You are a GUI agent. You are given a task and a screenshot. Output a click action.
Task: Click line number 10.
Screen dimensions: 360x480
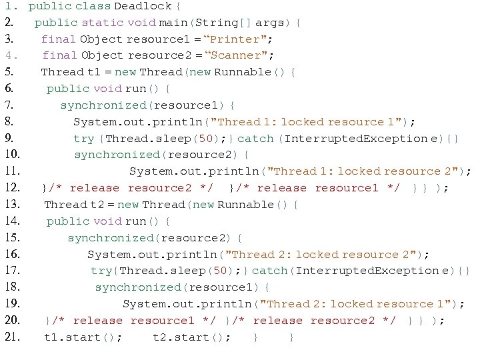click(13, 155)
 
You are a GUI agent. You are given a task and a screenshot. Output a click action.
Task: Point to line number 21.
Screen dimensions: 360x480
click(13, 337)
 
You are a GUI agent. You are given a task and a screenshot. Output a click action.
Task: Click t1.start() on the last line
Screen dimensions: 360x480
click(83, 337)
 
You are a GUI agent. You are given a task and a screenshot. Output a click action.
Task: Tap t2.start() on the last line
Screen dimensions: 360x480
click(192, 337)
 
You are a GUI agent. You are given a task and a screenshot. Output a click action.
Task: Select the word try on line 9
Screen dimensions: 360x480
click(84, 139)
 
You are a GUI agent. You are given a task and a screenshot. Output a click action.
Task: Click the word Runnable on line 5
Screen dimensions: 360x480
click(241, 73)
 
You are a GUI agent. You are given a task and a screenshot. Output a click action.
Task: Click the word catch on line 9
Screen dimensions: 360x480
click(255, 139)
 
